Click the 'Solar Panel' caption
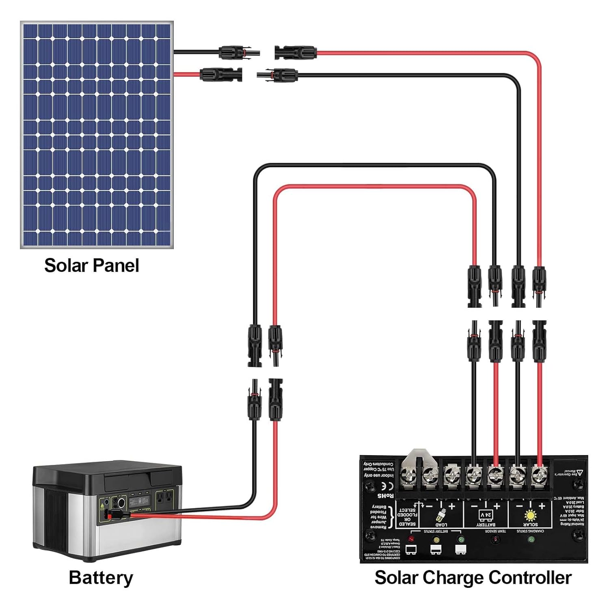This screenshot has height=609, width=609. [91, 266]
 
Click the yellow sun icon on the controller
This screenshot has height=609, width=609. [530, 515]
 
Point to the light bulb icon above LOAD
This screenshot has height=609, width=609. [441, 515]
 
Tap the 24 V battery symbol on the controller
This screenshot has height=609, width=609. [486, 515]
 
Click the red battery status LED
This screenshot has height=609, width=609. [411, 540]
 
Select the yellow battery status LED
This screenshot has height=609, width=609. [436, 540]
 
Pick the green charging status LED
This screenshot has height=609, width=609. [531, 540]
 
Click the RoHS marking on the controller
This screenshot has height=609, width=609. [385, 496]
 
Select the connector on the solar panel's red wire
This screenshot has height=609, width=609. [221, 74]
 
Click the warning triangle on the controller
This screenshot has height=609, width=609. [580, 472]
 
